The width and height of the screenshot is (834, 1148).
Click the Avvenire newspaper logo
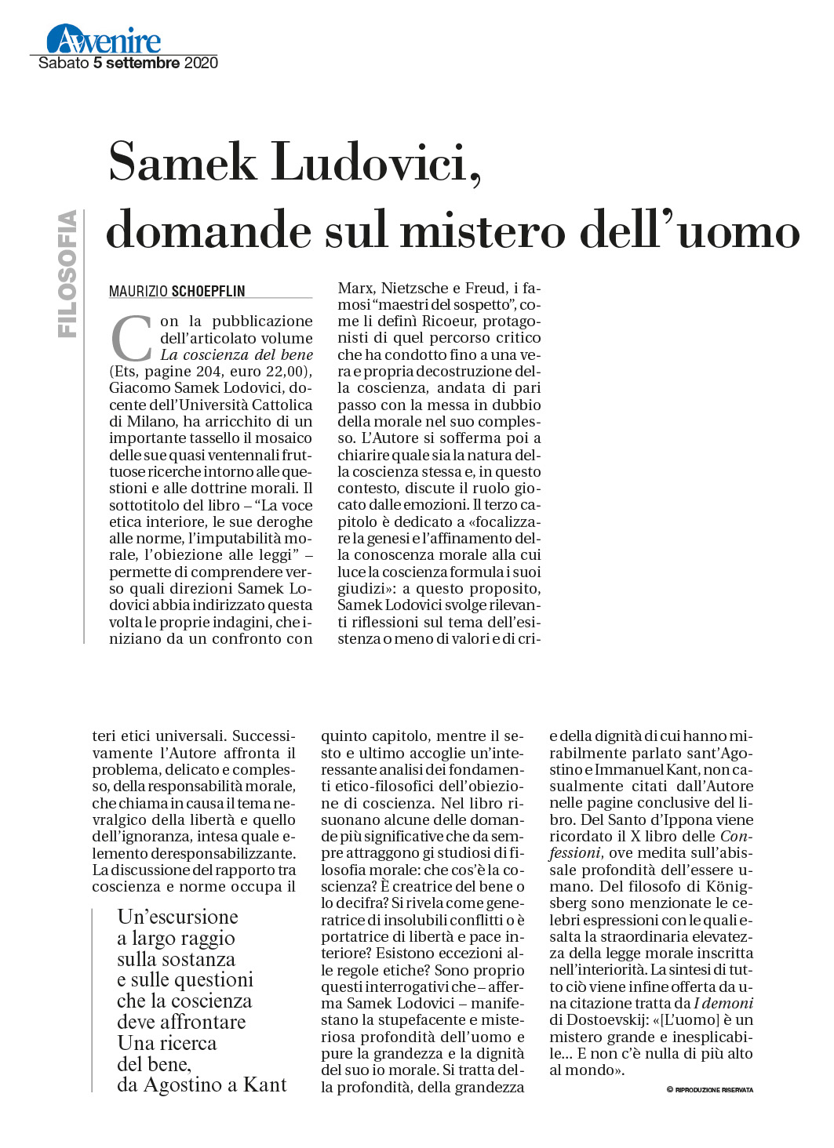click(104, 39)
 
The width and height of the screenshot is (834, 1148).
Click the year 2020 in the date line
click(201, 63)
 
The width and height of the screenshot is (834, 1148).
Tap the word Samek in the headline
click(183, 162)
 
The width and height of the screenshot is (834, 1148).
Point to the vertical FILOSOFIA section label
click(67, 274)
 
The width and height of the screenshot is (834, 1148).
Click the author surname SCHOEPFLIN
click(209, 291)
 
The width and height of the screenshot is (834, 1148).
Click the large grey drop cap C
click(131, 339)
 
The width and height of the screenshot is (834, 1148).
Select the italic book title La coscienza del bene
click(236, 355)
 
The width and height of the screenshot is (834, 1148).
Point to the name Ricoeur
click(448, 322)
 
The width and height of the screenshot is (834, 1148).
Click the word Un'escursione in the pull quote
click(177, 917)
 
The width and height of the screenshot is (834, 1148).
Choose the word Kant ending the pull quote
click(265, 1085)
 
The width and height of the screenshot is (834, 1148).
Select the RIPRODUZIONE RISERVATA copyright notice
click(713, 1090)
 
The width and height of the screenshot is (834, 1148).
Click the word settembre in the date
click(143, 63)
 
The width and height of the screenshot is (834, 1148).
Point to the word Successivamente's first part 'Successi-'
click(264, 736)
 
